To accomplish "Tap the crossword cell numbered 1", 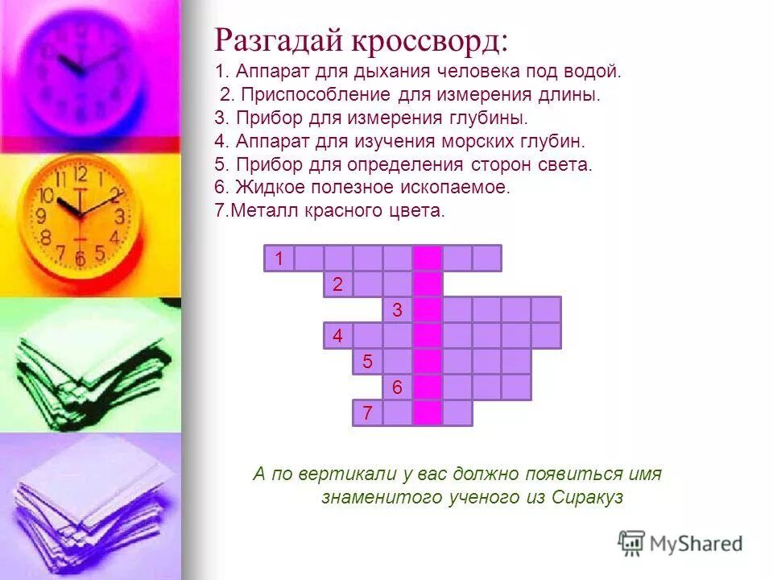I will [279, 258].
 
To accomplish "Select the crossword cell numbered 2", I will [338, 284].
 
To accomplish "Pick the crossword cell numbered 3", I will [398, 309].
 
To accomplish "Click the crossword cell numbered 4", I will [338, 335].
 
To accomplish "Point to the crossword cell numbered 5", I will [368, 361].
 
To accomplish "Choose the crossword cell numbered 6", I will [398, 387].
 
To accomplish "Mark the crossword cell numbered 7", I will [368, 412].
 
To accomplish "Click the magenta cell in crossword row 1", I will [428, 258].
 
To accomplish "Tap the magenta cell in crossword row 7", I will [428, 412].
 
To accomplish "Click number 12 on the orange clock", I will [80, 173].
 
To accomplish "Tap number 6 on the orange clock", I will [80, 259].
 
